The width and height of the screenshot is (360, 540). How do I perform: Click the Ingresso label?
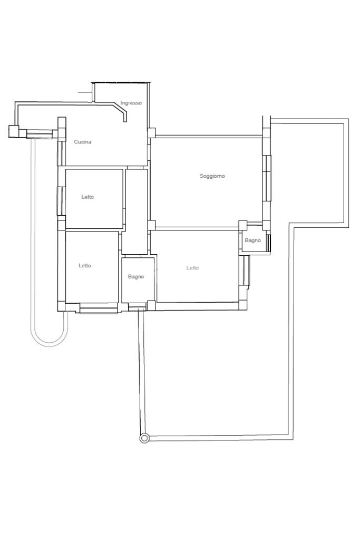point(131,103)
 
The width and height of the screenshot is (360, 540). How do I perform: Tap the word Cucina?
point(83,142)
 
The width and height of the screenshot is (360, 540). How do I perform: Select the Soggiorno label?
point(212,176)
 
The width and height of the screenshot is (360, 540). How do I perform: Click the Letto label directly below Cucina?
point(87,197)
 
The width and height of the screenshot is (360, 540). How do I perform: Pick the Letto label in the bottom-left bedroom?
point(85,266)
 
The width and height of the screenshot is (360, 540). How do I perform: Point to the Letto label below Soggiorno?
point(192,267)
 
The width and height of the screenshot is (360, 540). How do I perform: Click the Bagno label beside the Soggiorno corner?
point(252,240)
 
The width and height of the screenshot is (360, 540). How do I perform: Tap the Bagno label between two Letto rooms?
point(136,276)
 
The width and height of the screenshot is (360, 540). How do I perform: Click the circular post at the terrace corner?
point(144,438)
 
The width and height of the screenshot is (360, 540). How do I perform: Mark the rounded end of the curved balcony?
point(50,344)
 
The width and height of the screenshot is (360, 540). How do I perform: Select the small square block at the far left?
point(13,131)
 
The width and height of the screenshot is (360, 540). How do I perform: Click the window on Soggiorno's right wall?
point(267,178)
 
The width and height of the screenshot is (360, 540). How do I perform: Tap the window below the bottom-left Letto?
point(99,308)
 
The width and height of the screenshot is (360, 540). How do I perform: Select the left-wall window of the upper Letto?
point(60,201)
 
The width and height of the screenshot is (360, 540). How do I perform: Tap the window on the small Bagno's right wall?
point(269,242)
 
